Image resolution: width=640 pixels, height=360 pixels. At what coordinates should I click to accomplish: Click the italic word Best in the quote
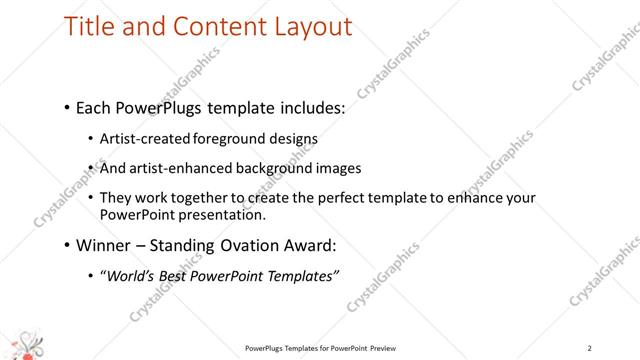tap(180, 277)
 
